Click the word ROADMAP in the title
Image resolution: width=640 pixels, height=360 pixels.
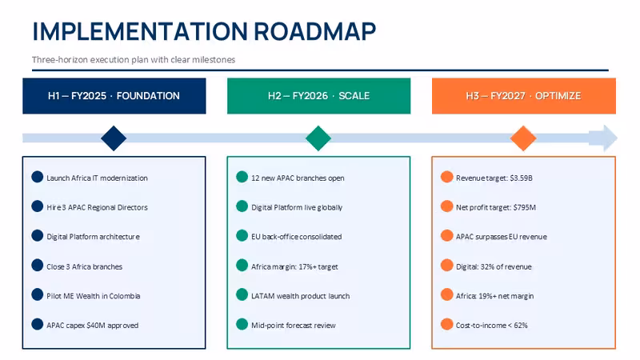314,31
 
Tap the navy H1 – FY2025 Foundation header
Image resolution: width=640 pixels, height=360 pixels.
114,96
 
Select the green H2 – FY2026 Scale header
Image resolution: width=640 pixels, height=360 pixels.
318,96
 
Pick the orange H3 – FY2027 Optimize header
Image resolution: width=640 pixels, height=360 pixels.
524,96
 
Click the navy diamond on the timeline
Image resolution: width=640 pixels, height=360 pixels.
114,138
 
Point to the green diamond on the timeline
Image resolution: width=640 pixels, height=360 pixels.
318,138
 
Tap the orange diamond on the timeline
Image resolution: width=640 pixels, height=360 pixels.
523,138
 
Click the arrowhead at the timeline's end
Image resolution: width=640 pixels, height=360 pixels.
604,138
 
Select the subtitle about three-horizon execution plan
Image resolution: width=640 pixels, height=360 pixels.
134,59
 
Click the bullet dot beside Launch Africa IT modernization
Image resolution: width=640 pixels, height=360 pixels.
37,177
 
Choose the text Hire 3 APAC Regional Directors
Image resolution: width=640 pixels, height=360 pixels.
97,207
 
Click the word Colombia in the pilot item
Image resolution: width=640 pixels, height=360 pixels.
125,296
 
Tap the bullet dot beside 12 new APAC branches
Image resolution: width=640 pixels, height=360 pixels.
242,177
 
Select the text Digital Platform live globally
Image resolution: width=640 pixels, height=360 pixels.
297,207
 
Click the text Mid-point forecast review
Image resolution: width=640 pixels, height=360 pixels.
294,326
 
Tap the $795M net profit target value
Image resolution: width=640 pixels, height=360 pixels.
524,207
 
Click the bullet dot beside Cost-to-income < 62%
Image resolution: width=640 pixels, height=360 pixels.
447,325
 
